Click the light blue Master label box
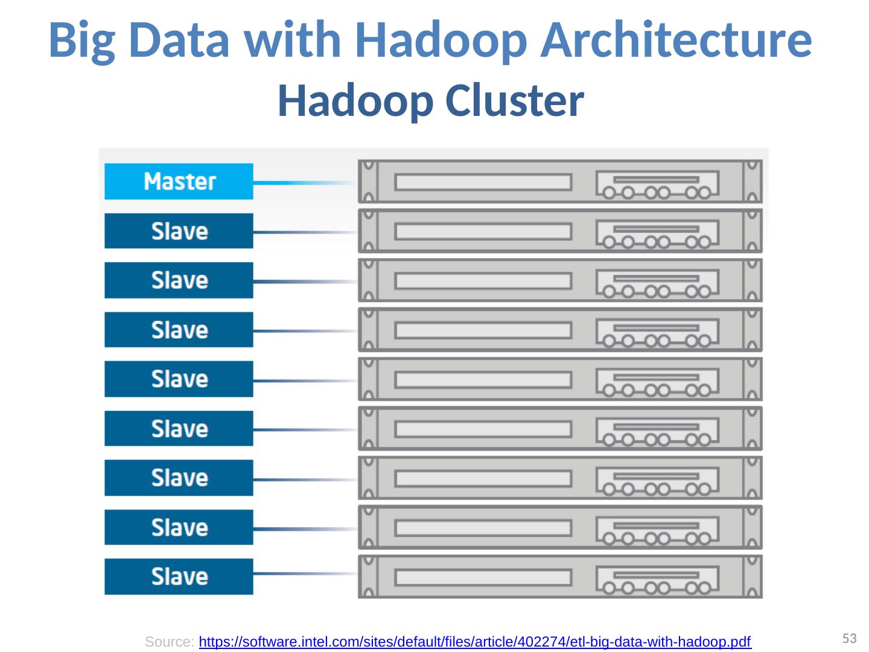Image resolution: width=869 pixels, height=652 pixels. (179, 181)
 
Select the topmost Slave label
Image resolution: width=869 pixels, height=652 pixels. (179, 231)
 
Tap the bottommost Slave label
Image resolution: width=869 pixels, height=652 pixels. (179, 577)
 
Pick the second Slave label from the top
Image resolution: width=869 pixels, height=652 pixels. (179, 280)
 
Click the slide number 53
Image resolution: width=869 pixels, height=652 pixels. (850, 638)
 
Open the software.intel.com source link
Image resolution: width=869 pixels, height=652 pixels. (474, 642)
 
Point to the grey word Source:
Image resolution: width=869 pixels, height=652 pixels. (170, 642)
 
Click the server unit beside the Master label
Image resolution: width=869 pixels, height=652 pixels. (560, 181)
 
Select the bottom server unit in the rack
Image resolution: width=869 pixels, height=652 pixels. (560, 577)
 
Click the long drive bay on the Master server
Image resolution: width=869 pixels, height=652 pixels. (483, 182)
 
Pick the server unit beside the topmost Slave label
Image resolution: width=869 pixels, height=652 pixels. (560, 231)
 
